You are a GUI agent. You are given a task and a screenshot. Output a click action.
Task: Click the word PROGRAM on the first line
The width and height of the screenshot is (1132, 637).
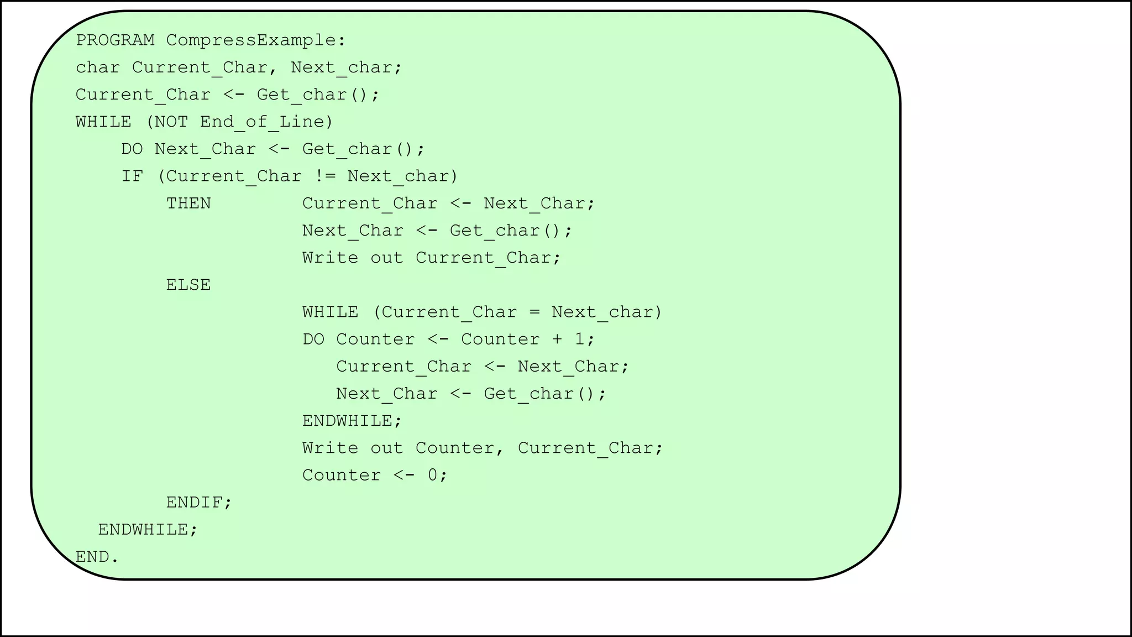[x=115, y=40]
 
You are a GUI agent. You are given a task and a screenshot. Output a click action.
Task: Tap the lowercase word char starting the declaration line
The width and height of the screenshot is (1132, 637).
[x=98, y=67]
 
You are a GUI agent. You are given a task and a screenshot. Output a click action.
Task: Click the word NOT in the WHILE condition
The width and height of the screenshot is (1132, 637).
[x=171, y=122]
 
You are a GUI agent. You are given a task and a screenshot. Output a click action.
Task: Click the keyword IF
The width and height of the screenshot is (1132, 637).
[x=132, y=176]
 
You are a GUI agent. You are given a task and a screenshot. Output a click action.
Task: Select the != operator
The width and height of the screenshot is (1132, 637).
[x=324, y=176]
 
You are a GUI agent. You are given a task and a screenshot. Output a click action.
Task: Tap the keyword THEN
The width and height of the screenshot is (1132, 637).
[x=188, y=203]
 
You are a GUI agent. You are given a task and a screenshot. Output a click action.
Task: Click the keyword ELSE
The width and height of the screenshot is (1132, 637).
[x=188, y=285]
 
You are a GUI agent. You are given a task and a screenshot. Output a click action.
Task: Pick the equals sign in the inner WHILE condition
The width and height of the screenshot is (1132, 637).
[x=534, y=312]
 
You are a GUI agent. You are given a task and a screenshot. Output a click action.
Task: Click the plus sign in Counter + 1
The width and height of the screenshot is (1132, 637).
[x=557, y=340]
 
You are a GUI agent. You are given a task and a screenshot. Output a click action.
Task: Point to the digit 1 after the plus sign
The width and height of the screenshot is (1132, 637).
[x=580, y=340]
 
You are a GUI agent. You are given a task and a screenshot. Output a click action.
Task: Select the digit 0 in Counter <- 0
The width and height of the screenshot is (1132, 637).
[x=433, y=476]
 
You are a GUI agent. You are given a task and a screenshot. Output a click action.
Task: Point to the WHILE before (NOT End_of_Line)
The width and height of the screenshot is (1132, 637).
[x=103, y=122]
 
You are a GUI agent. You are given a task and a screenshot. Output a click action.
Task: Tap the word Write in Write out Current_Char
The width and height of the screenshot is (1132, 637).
[x=330, y=258]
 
